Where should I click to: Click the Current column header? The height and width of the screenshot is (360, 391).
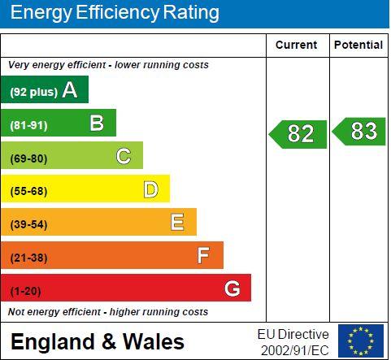tap(296, 45)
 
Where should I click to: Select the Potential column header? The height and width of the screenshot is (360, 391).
tap(358, 45)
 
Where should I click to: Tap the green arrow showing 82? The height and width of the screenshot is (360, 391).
tap(298, 134)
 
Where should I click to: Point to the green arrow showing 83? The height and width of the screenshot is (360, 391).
tap(358, 132)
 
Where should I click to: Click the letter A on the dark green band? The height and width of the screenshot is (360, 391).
tap(70, 89)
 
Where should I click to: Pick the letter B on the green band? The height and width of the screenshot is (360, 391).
tap(97, 123)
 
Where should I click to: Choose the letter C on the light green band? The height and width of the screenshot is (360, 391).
tap(124, 156)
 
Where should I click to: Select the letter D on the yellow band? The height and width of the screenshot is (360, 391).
tap(150, 189)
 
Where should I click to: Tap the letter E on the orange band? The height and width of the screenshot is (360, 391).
tap(177, 222)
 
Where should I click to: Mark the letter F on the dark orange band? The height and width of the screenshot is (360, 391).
tap(203, 255)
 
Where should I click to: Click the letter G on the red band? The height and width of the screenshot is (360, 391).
tap(232, 288)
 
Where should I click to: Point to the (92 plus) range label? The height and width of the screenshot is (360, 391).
tap(34, 92)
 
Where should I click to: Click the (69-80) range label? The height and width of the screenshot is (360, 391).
tap(28, 158)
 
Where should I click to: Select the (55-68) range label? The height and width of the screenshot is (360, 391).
tap(28, 191)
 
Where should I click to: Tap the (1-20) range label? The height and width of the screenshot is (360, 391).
tap(26, 291)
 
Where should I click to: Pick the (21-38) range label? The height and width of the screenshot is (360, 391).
tap(28, 258)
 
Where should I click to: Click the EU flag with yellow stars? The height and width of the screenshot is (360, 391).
tap(361, 340)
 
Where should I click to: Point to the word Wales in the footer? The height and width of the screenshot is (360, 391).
tap(154, 341)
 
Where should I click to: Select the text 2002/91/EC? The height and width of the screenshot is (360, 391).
tap(295, 350)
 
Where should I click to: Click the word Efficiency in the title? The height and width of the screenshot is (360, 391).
tap(118, 13)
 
